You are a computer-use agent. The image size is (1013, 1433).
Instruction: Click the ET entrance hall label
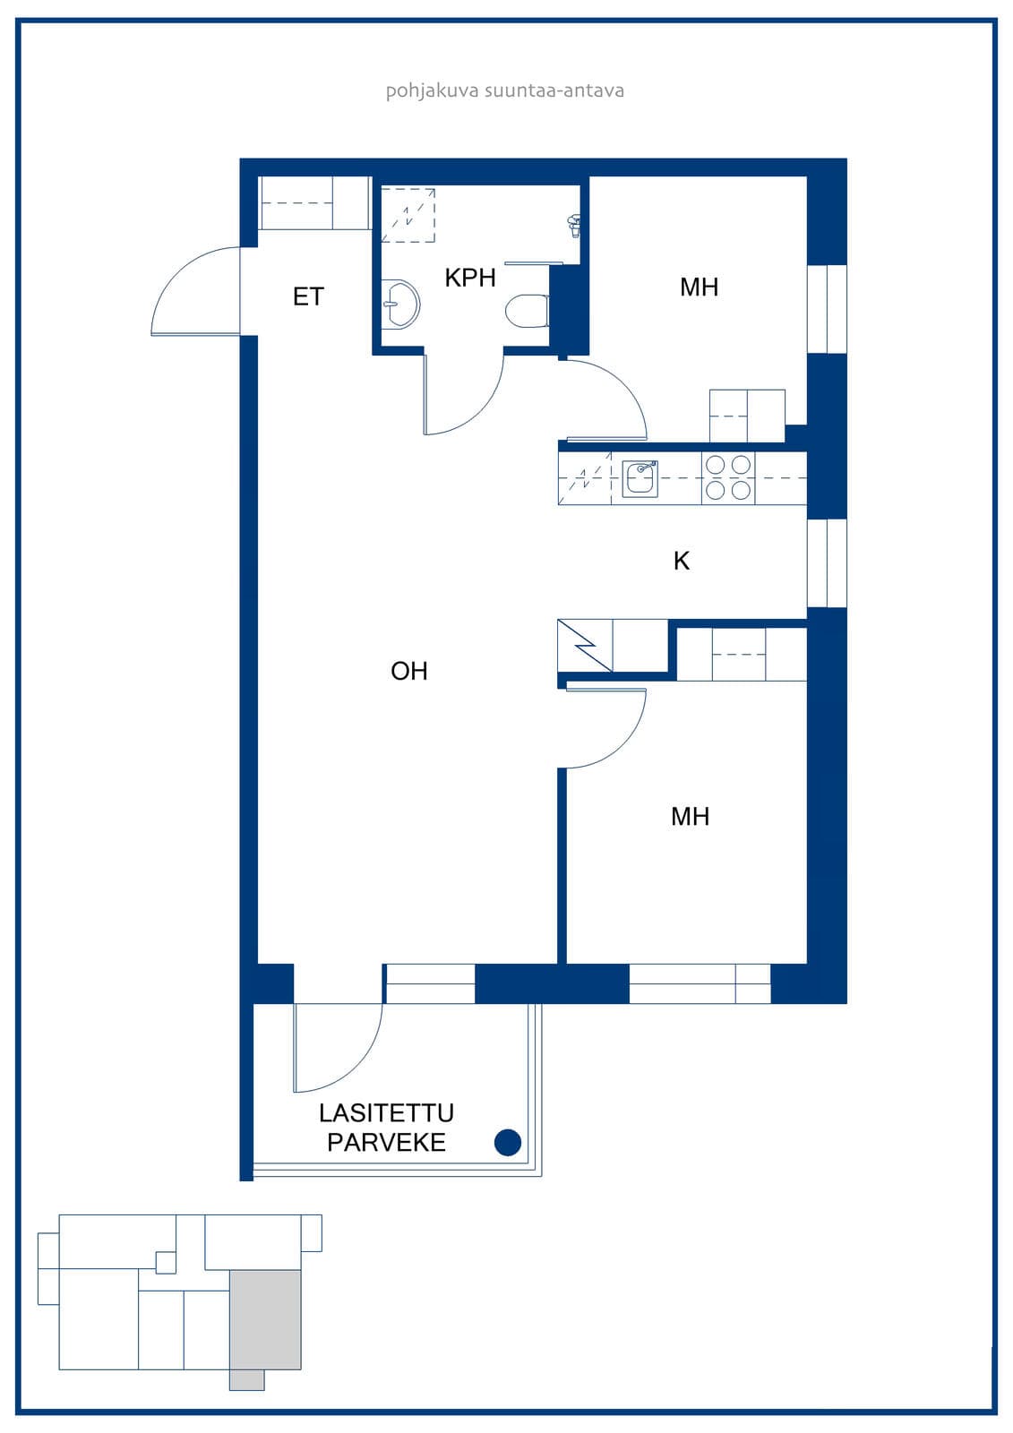point(308,296)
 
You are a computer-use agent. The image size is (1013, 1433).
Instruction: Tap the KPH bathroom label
point(470,278)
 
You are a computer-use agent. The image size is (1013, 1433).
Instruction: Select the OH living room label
point(409,671)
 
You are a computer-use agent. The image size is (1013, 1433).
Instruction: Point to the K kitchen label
point(682,561)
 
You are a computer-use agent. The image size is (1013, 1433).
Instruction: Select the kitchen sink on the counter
point(640,478)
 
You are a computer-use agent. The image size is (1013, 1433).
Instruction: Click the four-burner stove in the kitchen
point(728,478)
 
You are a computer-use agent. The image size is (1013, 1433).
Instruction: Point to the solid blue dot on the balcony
point(508,1142)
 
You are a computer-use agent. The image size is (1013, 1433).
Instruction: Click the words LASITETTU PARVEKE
point(387,1128)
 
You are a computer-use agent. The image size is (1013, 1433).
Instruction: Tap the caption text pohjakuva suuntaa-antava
point(505,90)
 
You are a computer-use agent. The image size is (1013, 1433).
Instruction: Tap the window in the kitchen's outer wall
point(827,563)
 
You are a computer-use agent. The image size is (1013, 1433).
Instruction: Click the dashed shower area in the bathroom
point(408,215)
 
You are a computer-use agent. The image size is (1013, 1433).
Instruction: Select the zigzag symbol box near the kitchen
point(585,646)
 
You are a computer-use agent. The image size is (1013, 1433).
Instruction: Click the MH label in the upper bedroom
point(700,287)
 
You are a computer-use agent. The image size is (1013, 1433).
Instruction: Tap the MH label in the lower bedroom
point(691,817)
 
